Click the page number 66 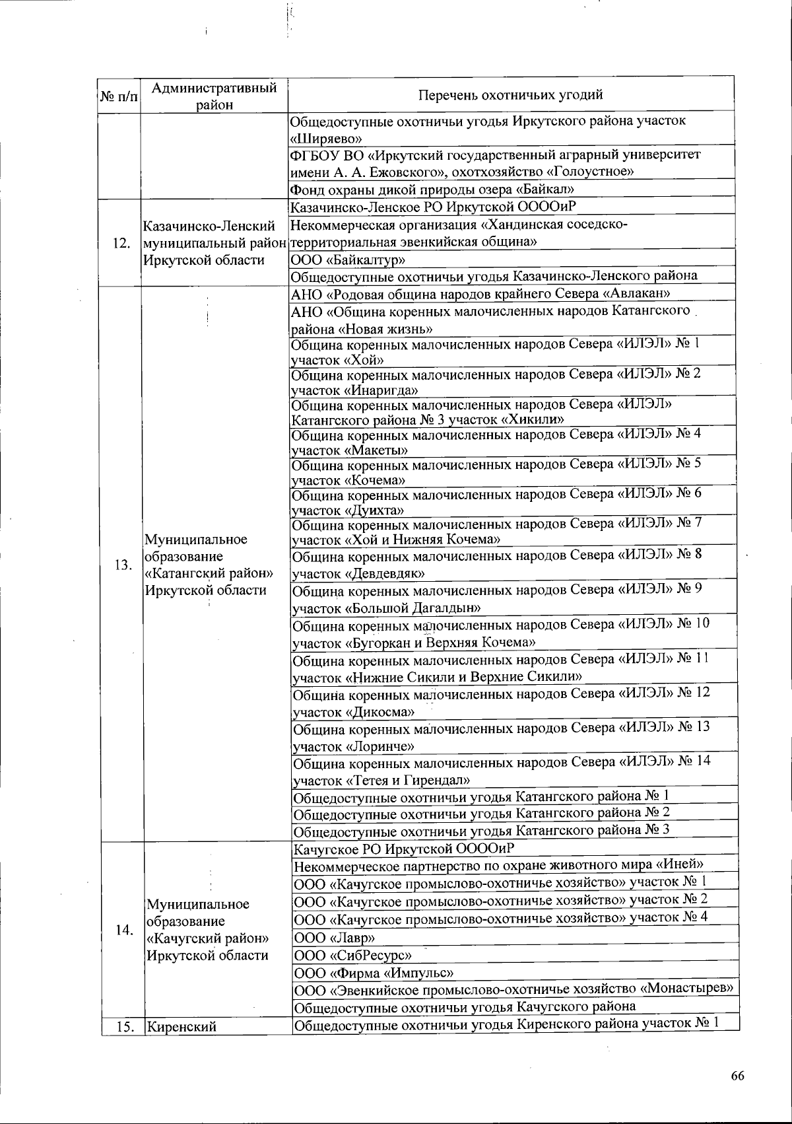(737, 1076)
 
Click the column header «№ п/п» (119, 96)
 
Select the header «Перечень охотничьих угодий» (511, 94)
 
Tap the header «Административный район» (214, 96)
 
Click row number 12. (120, 242)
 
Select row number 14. (123, 930)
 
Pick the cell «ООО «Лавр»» (335, 938)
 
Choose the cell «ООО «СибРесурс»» (352, 955)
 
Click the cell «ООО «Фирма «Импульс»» (374, 973)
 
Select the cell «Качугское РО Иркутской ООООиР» (403, 848)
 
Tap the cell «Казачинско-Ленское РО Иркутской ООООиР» (434, 207)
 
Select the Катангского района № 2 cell (481, 813)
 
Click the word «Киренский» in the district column (181, 1027)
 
